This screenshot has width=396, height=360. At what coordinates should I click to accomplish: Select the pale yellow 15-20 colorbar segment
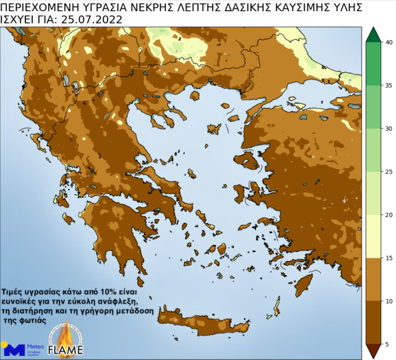pyautogui.click(x=373, y=236)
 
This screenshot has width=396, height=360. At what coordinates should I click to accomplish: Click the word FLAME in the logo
pyautogui.click(x=66, y=350)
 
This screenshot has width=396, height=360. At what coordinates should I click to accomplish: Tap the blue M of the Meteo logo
pyautogui.click(x=17, y=350)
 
